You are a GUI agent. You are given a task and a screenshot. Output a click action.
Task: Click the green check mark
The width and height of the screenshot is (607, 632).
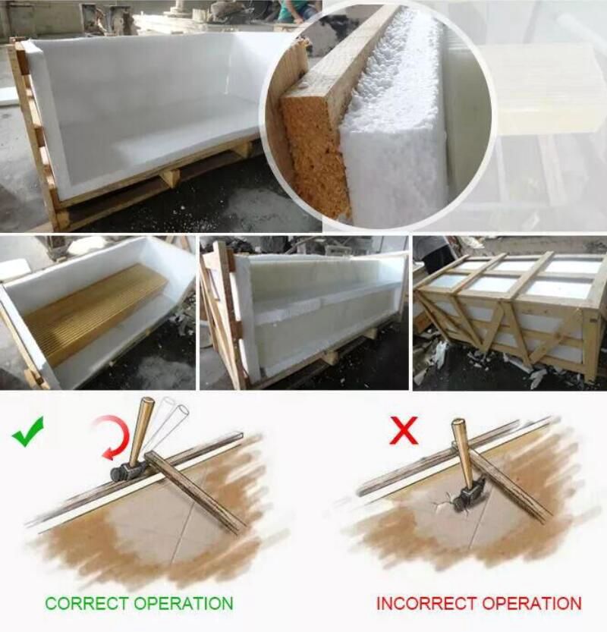coord(27,432)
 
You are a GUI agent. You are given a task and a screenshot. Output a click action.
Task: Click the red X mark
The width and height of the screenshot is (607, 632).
coord(404,430)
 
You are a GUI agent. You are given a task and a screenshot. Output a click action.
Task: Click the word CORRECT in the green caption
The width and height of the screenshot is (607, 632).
coord(87,603)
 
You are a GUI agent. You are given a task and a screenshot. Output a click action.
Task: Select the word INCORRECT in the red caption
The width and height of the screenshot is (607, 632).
coord(426,603)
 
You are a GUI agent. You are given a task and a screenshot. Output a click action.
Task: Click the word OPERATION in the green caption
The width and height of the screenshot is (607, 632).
coord(184,603)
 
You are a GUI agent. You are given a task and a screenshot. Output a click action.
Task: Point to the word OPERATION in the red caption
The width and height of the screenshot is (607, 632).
coord(532,603)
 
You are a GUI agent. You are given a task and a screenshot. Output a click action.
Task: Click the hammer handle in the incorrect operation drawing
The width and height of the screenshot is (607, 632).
coord(464,454)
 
